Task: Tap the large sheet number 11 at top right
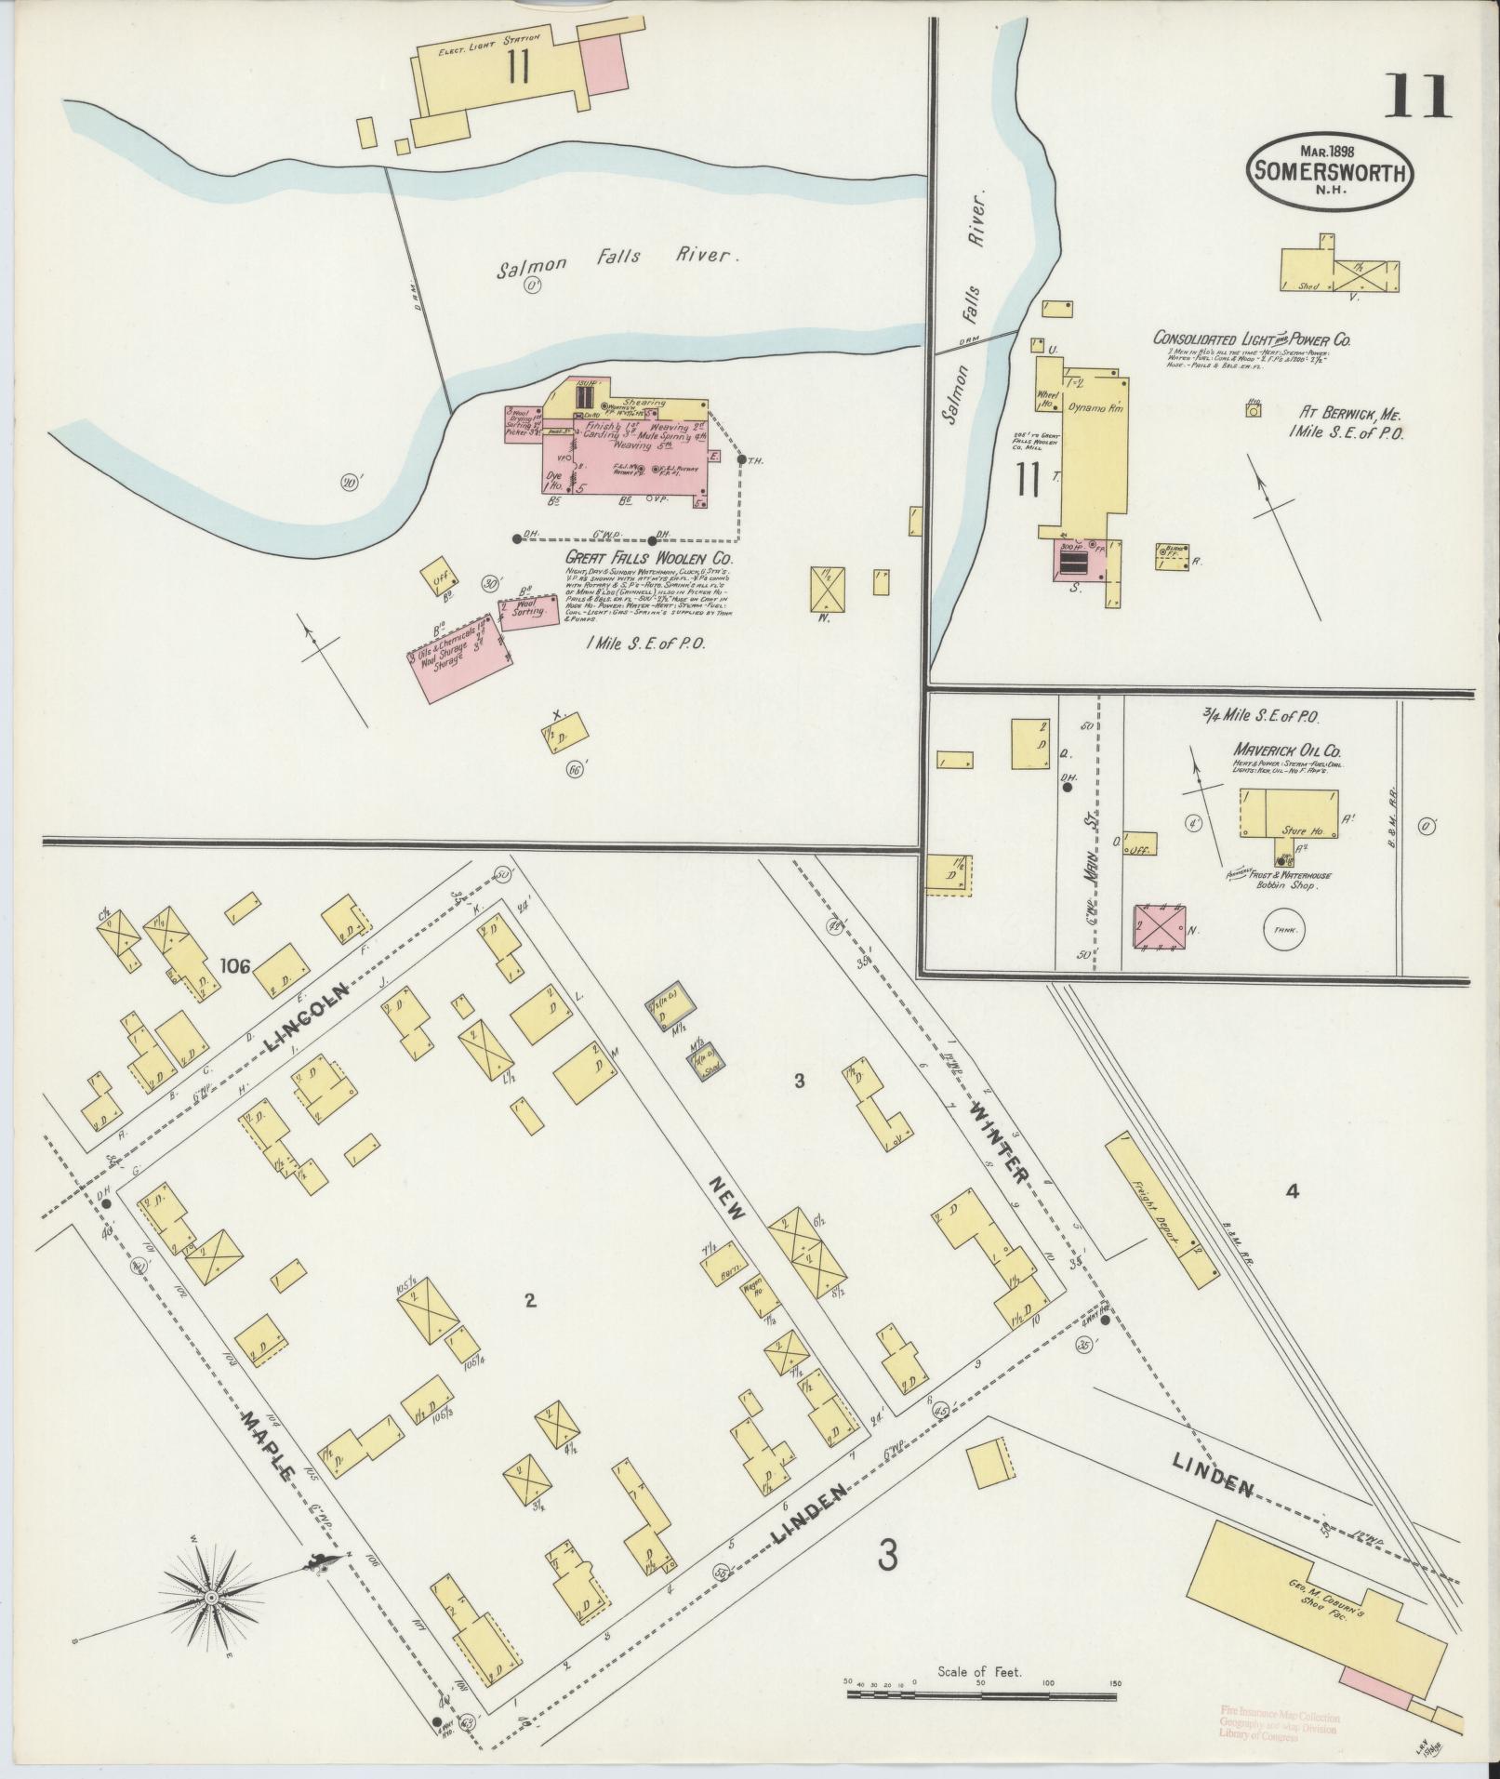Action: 1415,98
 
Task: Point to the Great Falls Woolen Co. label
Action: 649,559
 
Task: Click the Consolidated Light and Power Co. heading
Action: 1252,339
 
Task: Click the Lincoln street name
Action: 311,1016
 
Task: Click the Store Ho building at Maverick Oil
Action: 1290,814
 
